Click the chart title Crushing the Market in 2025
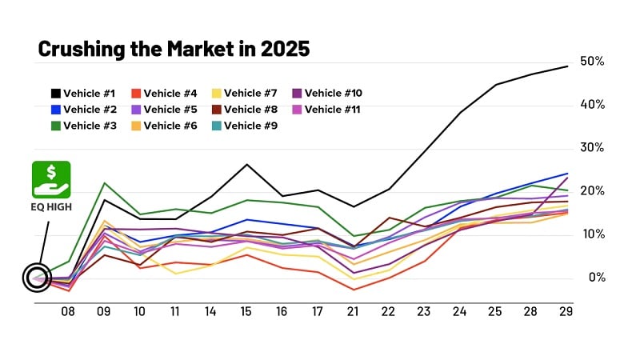click(174, 50)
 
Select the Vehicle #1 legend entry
click(84, 94)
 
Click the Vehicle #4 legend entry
click(165, 94)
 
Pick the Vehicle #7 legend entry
click(246, 94)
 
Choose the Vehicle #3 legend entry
click(84, 126)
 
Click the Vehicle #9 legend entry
click(246, 126)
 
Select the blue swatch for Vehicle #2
click(55, 110)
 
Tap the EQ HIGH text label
click(51, 207)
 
